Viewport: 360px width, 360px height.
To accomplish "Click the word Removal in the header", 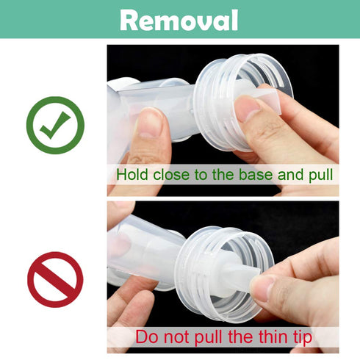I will [179, 19].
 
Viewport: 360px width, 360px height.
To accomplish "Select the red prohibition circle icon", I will [55, 279].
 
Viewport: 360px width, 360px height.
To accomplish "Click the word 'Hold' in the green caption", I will [132, 176].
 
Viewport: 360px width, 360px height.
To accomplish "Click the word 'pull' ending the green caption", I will [317, 176].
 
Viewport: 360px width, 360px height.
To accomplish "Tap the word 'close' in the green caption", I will [172, 176].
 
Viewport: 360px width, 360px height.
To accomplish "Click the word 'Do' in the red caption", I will [145, 338].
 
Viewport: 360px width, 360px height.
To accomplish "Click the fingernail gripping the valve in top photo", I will [248, 108].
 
